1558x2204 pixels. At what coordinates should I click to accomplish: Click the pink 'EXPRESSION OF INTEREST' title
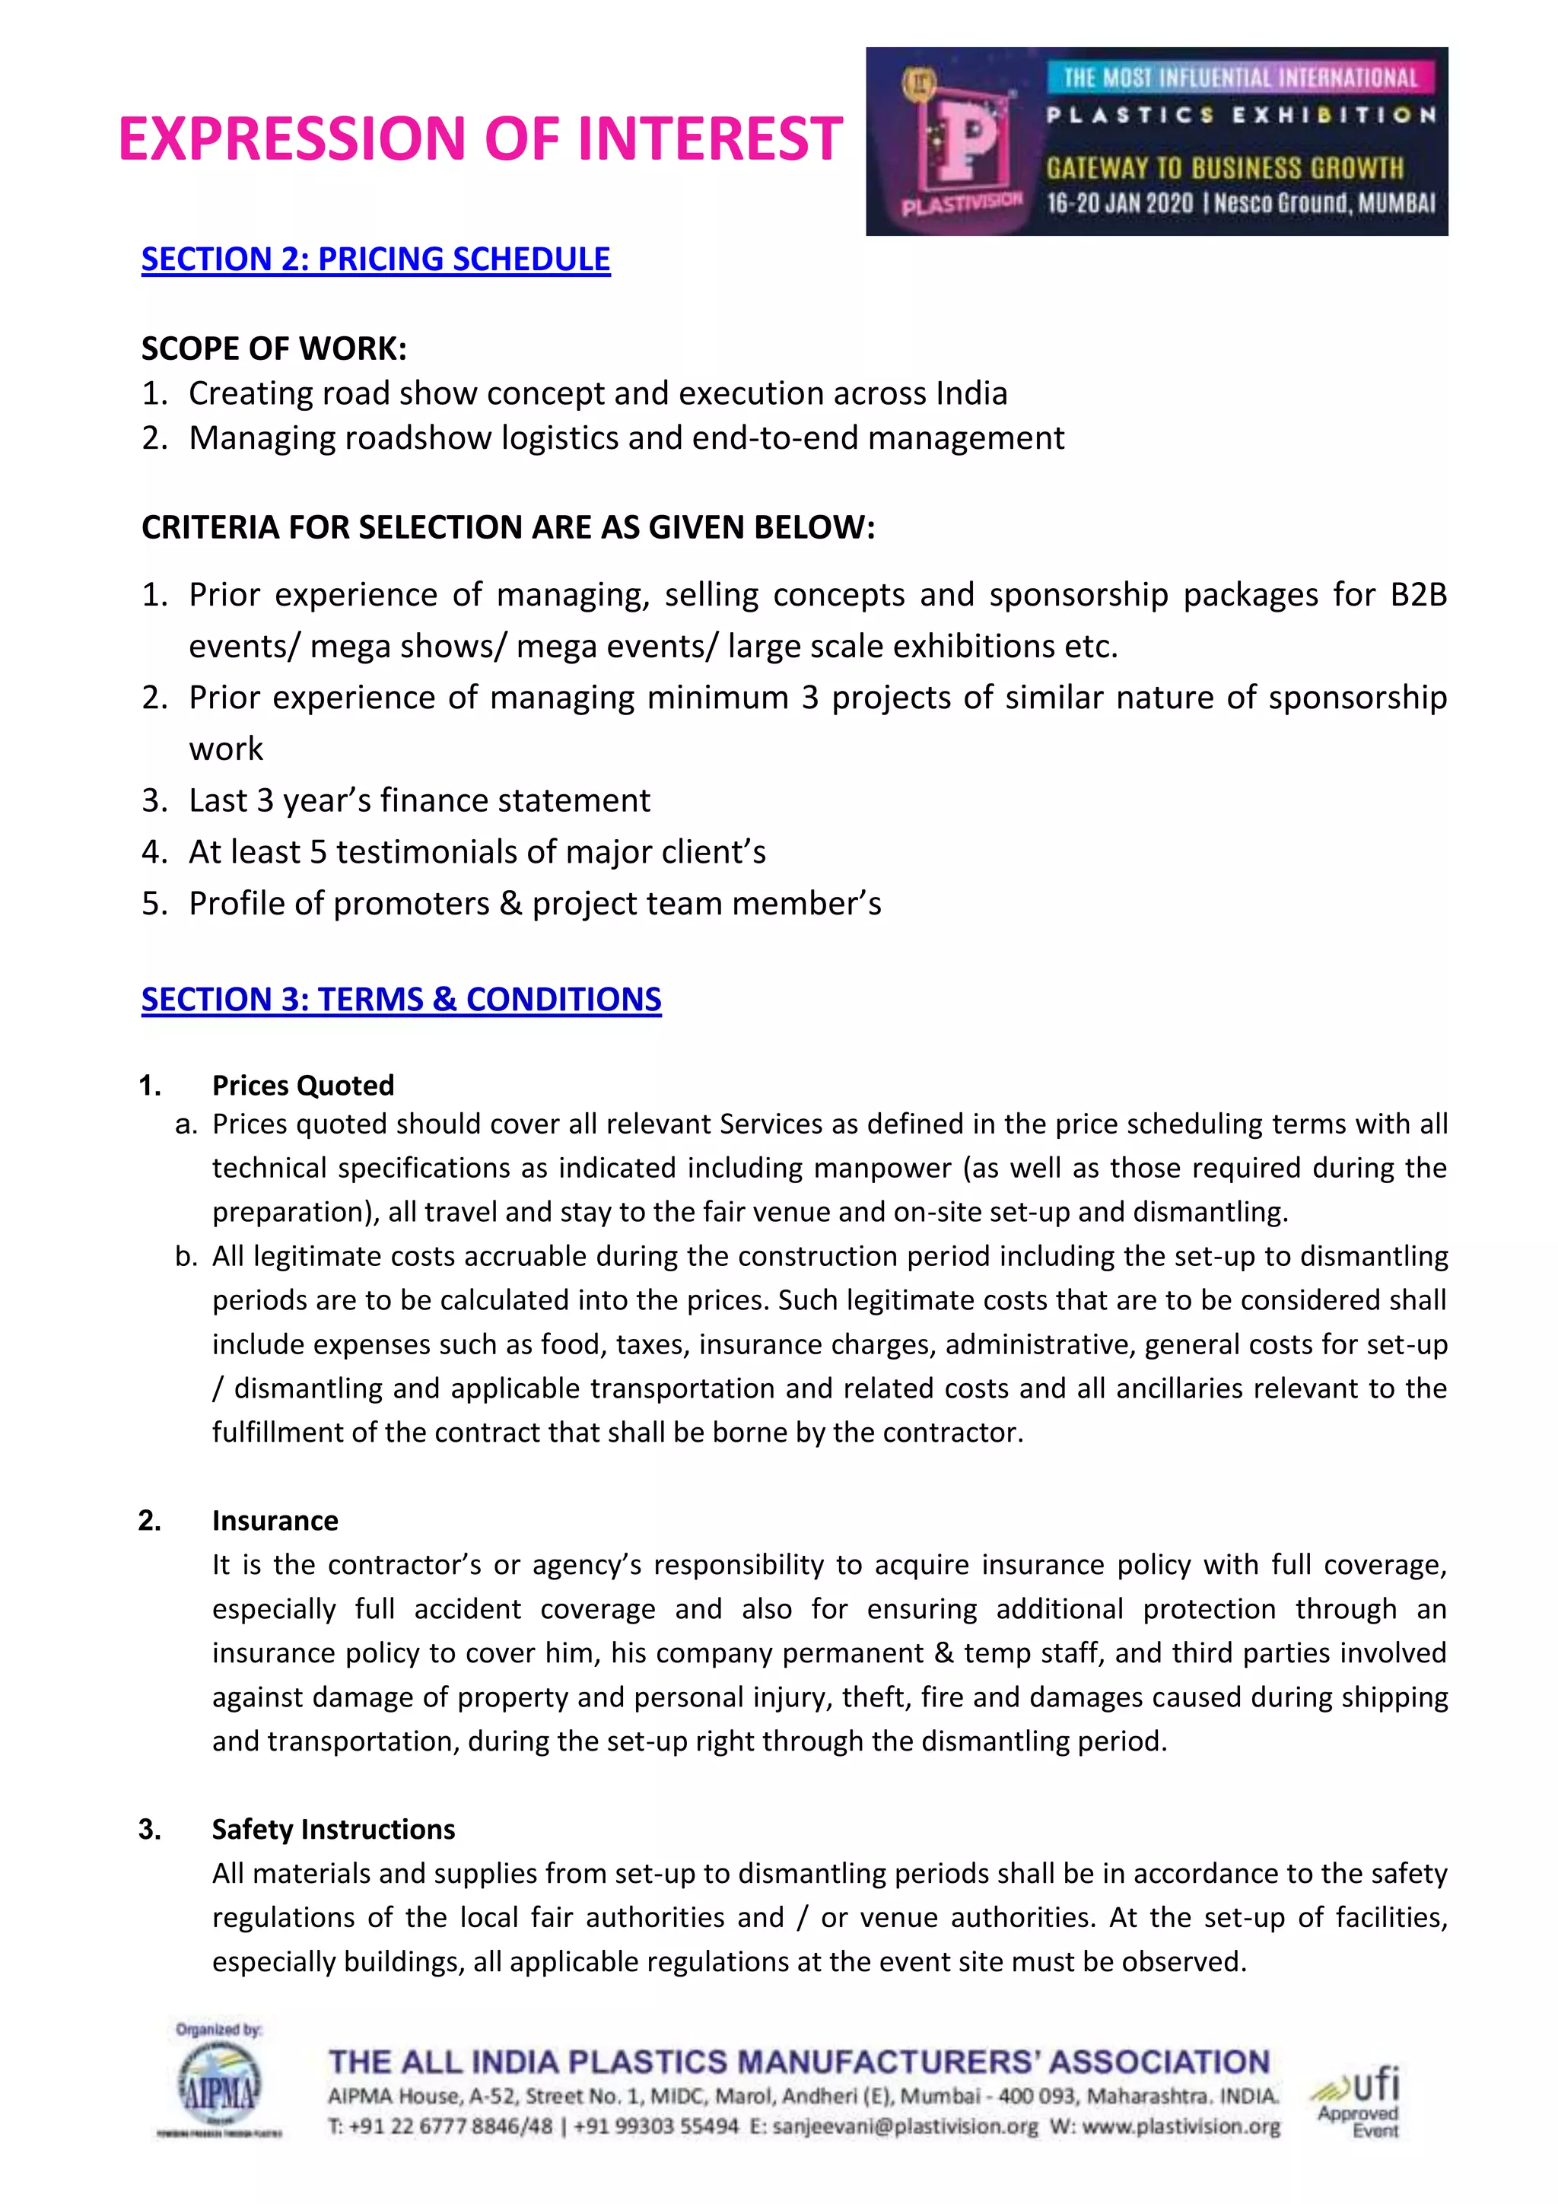(480, 138)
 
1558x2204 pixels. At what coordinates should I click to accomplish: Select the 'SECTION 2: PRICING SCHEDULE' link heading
(375, 259)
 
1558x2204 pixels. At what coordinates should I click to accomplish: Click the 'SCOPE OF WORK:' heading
(274, 348)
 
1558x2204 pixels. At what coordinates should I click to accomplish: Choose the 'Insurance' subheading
(275, 1521)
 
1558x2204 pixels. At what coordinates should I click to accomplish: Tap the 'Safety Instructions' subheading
(333, 1830)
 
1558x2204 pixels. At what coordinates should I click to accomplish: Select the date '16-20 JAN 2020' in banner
(1119, 203)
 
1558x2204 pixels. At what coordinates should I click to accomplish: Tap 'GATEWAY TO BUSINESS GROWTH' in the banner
(1224, 168)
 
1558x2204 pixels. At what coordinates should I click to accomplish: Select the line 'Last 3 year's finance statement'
(418, 800)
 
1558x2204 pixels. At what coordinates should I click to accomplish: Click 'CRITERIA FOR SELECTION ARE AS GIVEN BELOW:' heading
(508, 528)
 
